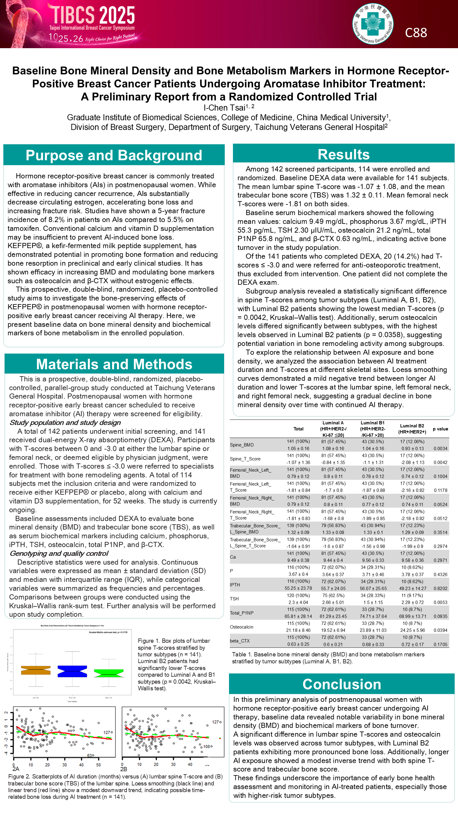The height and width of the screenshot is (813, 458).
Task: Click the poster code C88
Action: [416, 32]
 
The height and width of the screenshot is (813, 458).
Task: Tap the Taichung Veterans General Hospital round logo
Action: [373, 24]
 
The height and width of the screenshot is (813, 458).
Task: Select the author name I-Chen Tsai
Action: [224, 108]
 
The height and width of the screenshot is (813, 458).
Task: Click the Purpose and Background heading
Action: [114, 155]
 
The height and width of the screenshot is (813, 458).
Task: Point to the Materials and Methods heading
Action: [114, 364]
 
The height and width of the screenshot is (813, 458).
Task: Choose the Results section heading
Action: [343, 155]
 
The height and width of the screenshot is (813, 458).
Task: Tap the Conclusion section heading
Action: [341, 684]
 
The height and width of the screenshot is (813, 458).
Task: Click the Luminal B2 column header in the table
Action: [412, 429]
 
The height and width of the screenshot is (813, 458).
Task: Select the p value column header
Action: [440, 429]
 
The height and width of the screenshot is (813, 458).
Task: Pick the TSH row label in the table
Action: [234, 599]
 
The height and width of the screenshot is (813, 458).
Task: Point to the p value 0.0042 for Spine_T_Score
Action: [440, 462]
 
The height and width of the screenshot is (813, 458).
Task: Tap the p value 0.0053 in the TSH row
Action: [440, 602]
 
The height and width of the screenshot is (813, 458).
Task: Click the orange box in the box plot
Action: [36, 670]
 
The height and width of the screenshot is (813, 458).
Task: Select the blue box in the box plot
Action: [72, 671]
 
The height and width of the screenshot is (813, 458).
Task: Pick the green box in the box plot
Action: [108, 673]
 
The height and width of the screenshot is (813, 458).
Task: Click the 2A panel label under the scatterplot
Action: [15, 769]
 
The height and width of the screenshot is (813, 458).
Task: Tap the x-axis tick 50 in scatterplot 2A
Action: [98, 765]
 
